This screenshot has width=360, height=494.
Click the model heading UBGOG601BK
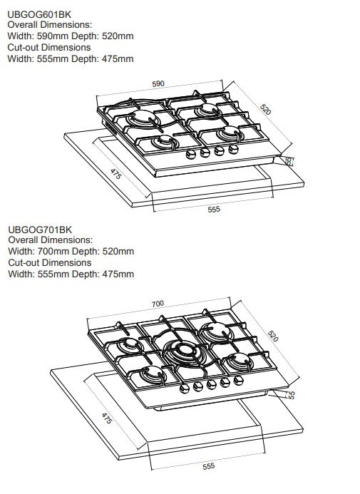[38, 14]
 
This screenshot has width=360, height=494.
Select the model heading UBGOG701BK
[40, 229]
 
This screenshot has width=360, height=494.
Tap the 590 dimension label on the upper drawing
[158, 83]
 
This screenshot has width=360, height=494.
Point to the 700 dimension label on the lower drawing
[158, 304]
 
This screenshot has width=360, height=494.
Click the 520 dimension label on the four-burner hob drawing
[264, 109]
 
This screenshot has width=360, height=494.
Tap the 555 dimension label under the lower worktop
[208, 465]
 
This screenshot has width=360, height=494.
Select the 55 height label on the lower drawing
[291, 394]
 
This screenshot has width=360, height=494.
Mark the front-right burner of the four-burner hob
[230, 133]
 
